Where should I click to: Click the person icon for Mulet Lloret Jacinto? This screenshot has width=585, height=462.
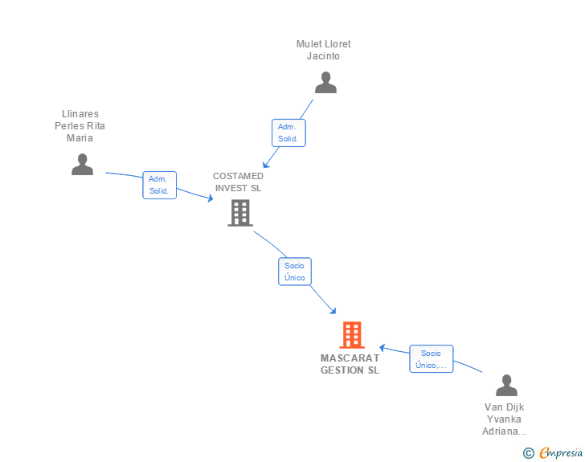click(325, 83)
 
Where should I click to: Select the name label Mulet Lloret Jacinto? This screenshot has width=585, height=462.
click(324, 50)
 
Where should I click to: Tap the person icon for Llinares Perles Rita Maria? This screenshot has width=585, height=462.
click(82, 164)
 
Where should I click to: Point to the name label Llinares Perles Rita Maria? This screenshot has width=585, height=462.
click(80, 126)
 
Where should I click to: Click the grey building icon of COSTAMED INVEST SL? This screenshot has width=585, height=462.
click(239, 213)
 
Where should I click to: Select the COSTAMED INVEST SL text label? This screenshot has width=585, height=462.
click(238, 182)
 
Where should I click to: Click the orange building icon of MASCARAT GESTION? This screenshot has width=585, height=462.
click(352, 334)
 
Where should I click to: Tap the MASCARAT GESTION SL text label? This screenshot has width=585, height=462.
click(350, 364)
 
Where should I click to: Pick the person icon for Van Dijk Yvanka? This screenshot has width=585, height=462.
click(506, 386)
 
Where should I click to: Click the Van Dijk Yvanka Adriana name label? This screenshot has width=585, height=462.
click(505, 419)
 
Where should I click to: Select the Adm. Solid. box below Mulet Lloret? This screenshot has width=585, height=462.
click(288, 133)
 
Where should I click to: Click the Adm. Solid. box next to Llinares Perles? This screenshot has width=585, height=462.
click(158, 185)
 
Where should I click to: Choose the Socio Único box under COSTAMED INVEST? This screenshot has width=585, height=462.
click(295, 272)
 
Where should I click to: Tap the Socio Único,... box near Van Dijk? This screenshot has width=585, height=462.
click(431, 359)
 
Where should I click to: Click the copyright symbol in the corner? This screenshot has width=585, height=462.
click(529, 453)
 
